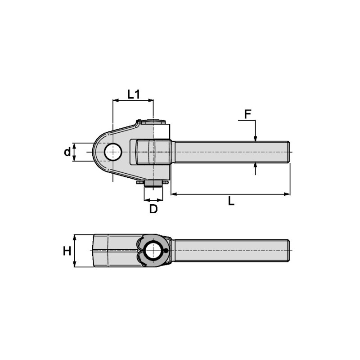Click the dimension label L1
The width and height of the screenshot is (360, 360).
pos(134,94)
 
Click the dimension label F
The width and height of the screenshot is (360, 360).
pos(247,114)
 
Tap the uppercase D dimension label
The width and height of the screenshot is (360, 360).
pos(153,209)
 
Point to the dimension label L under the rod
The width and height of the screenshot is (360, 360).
pos(231,201)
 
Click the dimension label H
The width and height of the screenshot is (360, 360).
pos(67,251)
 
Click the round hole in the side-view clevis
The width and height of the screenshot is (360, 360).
pos(112,152)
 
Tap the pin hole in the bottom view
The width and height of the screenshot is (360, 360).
pos(154,250)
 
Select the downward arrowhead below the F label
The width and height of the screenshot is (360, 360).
pos(255,138)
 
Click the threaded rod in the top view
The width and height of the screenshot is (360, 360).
pos(229,152)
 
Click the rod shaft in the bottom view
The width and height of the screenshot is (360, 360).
pos(229,251)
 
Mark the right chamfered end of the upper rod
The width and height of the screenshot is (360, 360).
pos(288,152)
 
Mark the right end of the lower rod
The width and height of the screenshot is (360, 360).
pos(288,251)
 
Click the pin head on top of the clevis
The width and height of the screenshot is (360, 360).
pos(153,121)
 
